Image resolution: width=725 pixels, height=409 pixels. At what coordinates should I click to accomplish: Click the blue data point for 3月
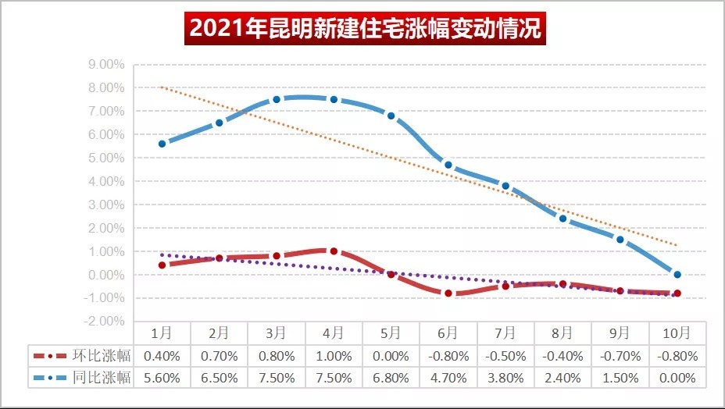point(277,99)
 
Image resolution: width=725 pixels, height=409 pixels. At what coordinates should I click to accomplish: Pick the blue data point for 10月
point(677,275)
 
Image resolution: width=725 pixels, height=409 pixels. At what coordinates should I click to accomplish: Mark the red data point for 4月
point(334,251)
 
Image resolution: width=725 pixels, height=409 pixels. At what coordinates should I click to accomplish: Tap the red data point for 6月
point(448,293)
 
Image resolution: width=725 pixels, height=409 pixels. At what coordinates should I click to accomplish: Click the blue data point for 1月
point(162,144)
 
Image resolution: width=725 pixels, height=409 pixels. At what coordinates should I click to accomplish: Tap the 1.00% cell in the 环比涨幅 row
point(334,356)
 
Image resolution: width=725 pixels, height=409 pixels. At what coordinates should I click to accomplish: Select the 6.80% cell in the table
point(391,378)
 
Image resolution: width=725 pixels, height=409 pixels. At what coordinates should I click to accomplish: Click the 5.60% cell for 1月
point(162,378)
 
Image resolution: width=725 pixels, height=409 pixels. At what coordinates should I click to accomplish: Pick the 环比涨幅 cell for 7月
point(505,356)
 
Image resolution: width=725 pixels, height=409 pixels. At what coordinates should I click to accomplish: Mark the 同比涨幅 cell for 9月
point(620,378)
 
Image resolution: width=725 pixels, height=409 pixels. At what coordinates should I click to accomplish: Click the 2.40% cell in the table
point(562,378)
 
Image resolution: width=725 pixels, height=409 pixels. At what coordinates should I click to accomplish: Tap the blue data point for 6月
point(448,165)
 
